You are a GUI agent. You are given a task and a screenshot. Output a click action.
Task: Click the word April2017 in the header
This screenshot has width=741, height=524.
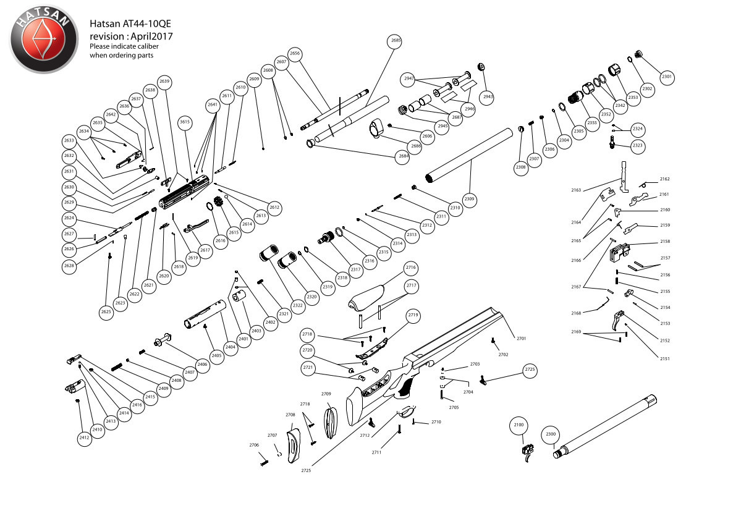pyautogui.click(x=150, y=36)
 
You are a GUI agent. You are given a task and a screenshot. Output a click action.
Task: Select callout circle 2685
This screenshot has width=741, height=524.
pyautogui.click(x=396, y=41)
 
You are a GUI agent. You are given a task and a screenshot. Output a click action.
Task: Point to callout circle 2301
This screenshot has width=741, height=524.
pyautogui.click(x=666, y=78)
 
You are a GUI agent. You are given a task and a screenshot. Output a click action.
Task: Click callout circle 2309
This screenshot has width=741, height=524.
pyautogui.click(x=470, y=200)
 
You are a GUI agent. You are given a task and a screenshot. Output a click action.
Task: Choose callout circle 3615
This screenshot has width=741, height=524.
pyautogui.click(x=185, y=122)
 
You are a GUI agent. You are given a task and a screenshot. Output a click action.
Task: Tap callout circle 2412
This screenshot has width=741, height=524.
pyautogui.click(x=85, y=438)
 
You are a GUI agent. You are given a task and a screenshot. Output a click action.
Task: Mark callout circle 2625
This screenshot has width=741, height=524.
pyautogui.click(x=106, y=313)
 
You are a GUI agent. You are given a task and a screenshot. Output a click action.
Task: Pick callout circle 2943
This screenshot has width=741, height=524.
pyautogui.click(x=488, y=96)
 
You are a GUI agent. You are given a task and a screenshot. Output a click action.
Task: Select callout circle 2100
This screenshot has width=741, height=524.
pyautogui.click(x=518, y=425)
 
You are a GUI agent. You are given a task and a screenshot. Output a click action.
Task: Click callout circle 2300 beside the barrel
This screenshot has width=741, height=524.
pyautogui.click(x=551, y=435)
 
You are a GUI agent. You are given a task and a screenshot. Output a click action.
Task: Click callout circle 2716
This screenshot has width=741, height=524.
pyautogui.click(x=411, y=268)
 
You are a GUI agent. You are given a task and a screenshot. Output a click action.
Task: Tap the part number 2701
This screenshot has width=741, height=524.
pyautogui.click(x=521, y=339)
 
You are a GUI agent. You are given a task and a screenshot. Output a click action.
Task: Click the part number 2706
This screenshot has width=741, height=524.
pyautogui.click(x=254, y=445)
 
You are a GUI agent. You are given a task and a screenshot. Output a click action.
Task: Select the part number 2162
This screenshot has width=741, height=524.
pyautogui.click(x=664, y=179)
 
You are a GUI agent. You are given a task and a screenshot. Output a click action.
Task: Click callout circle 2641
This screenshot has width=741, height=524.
pyautogui.click(x=213, y=105)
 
